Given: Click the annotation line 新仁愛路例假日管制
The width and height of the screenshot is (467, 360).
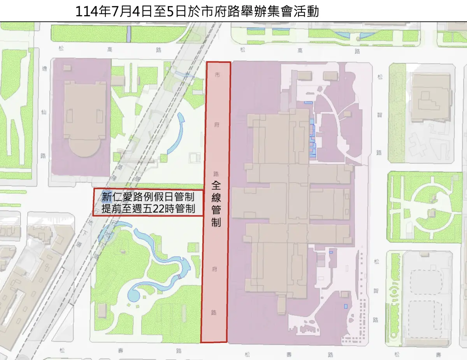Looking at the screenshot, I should click(147, 196).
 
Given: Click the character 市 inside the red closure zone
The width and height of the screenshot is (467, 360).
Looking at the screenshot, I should click(217, 75).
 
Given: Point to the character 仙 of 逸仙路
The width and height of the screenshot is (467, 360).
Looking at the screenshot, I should click(44, 111).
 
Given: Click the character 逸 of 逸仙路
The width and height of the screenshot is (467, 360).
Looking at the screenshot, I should click(44, 68).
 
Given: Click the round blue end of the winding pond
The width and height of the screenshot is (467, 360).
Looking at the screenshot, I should click(133, 295).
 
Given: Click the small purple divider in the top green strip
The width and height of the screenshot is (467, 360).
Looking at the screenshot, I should click(129, 34).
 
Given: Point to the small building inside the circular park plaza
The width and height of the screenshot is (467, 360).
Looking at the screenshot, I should click(431, 213).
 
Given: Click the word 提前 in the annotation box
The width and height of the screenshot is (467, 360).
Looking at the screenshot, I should click(110, 208).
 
